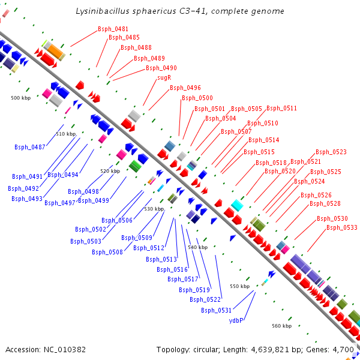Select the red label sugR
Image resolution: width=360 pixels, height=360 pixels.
tap(164, 77)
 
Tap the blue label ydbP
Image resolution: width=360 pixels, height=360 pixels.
tap(236, 320)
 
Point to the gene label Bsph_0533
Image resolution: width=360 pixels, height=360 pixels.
tap(342, 227)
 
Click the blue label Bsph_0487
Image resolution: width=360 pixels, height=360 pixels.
tap(30, 147)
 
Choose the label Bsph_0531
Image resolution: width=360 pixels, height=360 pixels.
tap(217, 310)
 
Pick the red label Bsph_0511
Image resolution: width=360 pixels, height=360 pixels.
tap(282, 108)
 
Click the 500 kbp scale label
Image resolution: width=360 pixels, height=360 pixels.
tap(20, 97)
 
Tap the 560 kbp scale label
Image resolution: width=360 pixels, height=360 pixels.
tap(281, 326)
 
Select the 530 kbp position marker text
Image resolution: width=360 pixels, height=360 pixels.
tap(154, 209)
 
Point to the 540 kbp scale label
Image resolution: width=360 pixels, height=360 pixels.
tap(197, 247)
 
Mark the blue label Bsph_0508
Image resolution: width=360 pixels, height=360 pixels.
tap(107, 252)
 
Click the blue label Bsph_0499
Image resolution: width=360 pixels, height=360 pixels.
tap(94, 200)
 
